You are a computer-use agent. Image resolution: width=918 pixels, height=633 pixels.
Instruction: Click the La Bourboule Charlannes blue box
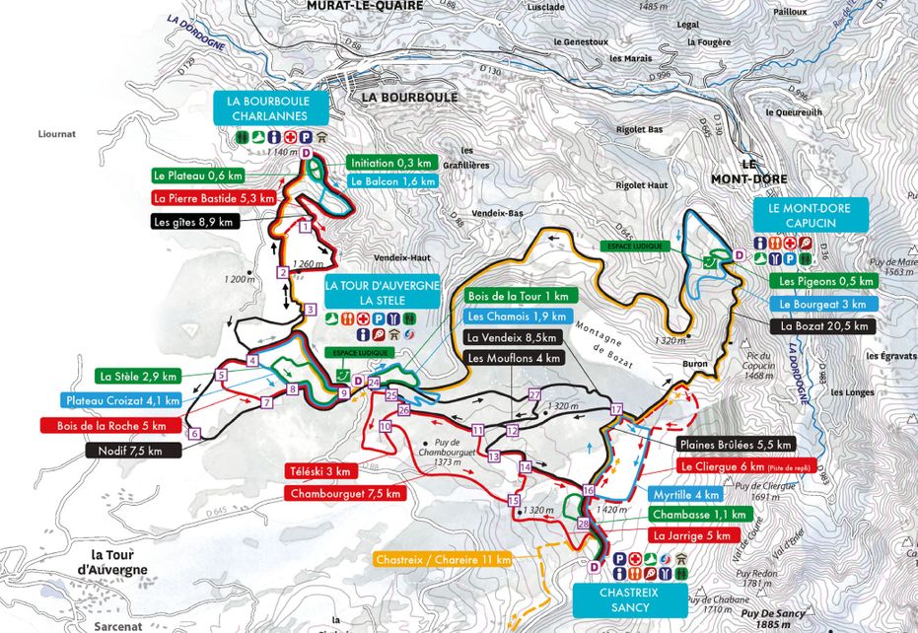coord(268,108)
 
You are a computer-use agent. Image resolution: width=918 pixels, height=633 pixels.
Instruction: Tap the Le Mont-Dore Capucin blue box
coord(811,215)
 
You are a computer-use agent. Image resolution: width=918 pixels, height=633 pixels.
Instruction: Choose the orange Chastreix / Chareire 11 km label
coord(443,560)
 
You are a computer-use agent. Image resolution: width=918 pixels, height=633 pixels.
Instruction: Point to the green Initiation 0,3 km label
coord(390,164)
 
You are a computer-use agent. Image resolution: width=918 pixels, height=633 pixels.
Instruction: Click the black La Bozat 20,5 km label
coord(825,325)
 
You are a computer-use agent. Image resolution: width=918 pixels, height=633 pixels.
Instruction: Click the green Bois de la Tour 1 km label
coord(518,296)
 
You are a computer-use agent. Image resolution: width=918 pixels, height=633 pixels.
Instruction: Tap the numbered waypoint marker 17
coord(617,408)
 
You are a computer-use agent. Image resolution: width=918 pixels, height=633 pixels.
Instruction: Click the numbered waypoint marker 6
coord(194,433)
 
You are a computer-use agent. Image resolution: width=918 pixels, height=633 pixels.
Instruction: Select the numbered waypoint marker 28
coord(583,524)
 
